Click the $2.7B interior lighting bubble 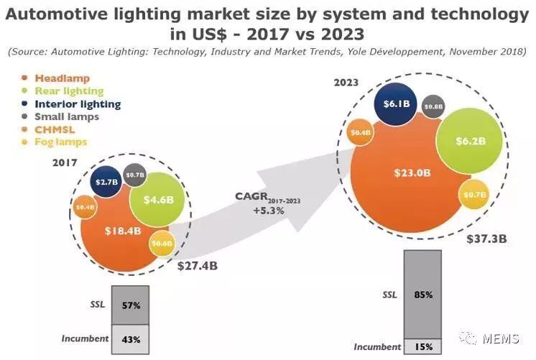(105, 183)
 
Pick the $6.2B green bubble (468, 140)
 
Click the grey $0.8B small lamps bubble (433, 106)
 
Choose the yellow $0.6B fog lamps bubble (162, 244)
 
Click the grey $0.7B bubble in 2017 (135, 174)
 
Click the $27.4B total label (198, 265)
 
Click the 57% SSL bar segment (129, 304)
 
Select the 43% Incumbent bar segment (129, 338)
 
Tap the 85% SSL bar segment (422, 294)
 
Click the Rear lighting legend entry (68, 91)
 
